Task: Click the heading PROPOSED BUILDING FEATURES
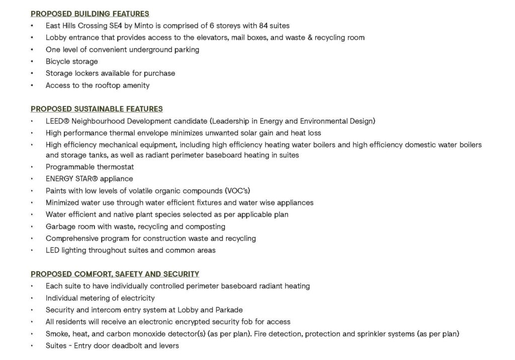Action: pos(90,14)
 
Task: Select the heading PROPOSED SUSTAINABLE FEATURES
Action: pos(97,109)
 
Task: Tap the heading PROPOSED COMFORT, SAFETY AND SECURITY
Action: pos(115,274)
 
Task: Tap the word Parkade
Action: pos(229,310)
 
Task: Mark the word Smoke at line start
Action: pos(57,334)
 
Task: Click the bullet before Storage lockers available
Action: pos(33,73)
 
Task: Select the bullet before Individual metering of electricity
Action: pos(33,298)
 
